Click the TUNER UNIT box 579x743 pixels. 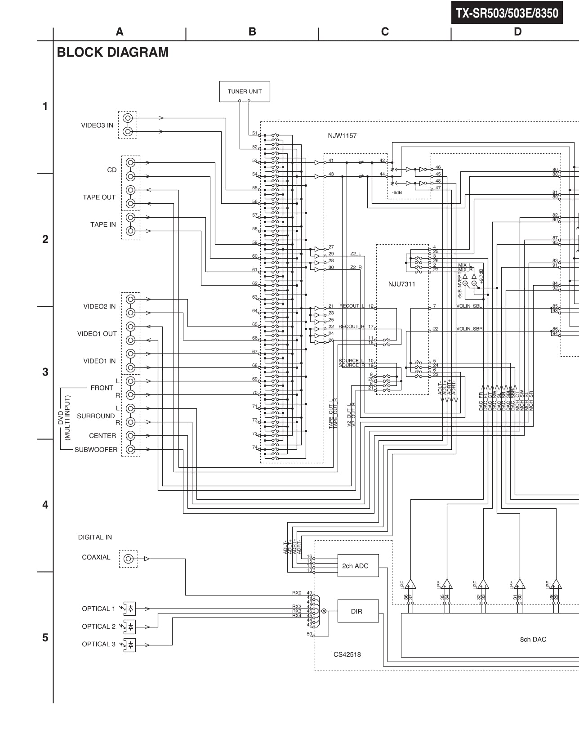(x=245, y=91)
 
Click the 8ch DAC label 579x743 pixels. (x=533, y=640)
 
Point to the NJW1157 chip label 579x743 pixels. (x=342, y=136)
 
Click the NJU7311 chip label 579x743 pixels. (x=401, y=284)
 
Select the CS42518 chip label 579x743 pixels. (x=347, y=655)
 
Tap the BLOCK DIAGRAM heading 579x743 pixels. (x=112, y=53)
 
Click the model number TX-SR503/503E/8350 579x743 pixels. (x=507, y=13)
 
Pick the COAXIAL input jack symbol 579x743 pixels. (x=129, y=559)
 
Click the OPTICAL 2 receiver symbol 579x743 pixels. (x=129, y=627)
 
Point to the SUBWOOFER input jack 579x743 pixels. (x=130, y=449)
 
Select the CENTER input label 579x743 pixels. (x=102, y=436)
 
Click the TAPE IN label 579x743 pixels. (x=103, y=225)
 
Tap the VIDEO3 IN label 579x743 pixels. (x=97, y=125)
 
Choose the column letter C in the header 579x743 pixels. (x=385, y=31)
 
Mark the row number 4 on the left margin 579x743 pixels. (x=45, y=505)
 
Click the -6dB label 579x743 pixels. (x=396, y=192)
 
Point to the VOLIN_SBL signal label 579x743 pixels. (x=469, y=306)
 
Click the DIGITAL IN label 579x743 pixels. (x=95, y=537)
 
